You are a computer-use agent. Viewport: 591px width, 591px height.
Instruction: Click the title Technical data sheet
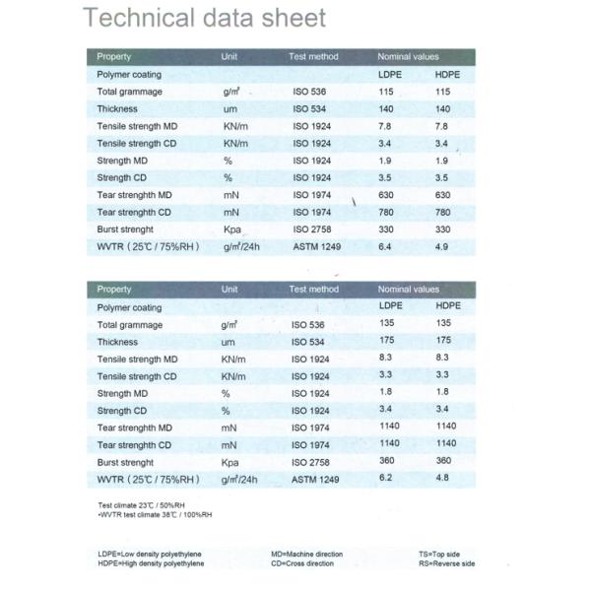205,18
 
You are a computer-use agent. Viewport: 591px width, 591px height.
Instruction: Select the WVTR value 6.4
386,245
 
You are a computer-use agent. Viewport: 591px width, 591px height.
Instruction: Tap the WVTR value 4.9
441,245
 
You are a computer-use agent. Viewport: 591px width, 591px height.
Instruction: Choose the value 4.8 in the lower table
442,478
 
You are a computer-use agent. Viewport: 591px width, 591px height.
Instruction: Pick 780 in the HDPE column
442,212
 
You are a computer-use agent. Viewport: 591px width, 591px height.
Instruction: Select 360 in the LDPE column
388,461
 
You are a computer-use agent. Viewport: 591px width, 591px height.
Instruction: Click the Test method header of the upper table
313,56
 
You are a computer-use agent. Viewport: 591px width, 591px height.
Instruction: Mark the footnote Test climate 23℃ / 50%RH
133,505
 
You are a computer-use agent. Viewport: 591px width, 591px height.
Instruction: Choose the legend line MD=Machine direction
306,554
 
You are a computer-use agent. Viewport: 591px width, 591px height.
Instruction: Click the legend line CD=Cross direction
303,563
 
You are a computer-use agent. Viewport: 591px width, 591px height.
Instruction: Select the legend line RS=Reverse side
446,563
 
